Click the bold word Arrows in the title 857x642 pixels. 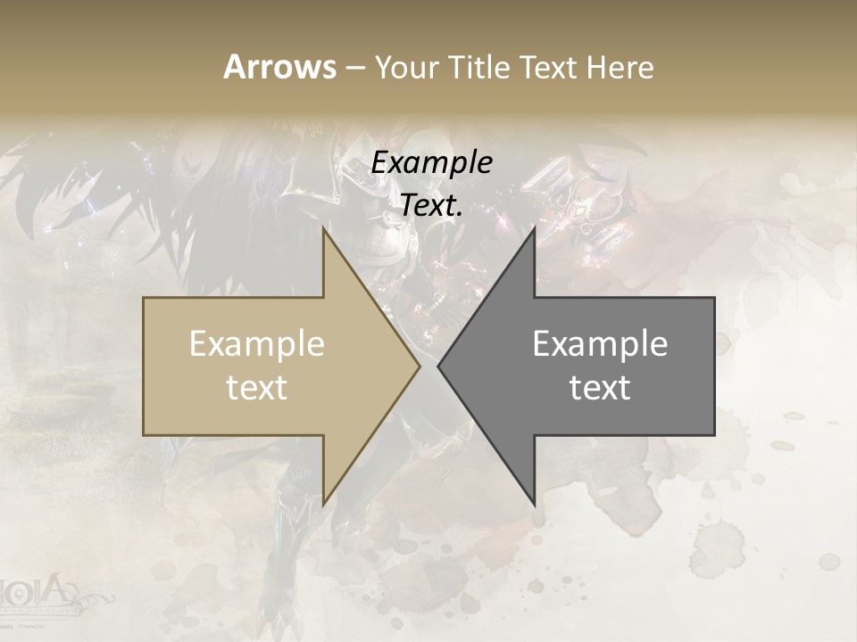(x=279, y=67)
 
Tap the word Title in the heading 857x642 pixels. (x=480, y=68)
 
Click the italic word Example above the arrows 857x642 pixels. (x=431, y=163)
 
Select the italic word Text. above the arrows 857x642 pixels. (x=431, y=206)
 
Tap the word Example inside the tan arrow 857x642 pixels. (x=257, y=344)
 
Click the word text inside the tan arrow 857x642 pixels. (x=257, y=388)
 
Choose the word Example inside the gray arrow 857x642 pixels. (x=600, y=344)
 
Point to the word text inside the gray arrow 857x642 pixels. (x=600, y=388)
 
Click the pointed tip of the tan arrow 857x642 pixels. (x=420, y=366)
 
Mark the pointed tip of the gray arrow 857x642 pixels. (x=438, y=366)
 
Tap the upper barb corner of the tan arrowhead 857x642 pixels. (x=324, y=229)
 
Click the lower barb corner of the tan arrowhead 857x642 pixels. (x=324, y=504)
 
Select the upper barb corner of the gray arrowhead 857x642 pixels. (x=534, y=229)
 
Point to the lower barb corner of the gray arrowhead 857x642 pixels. (x=534, y=504)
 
